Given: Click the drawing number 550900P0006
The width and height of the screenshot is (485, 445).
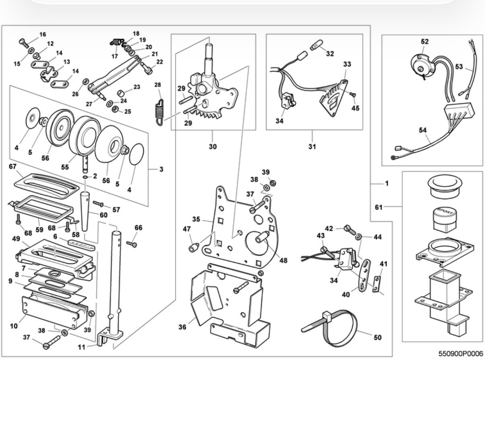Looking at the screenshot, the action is [x=461, y=354].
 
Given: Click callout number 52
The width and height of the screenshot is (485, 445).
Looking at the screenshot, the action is [x=425, y=41].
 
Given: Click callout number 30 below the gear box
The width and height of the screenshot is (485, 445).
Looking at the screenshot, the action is [x=213, y=146].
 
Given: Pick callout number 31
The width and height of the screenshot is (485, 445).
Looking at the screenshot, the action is [x=312, y=146].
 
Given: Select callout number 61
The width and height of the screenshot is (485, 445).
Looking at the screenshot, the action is [x=378, y=207].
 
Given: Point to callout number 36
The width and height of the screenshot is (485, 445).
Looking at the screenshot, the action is [x=182, y=327].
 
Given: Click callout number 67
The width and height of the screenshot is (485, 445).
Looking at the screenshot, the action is [x=12, y=166].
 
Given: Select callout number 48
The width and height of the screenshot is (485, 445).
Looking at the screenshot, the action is [x=284, y=260].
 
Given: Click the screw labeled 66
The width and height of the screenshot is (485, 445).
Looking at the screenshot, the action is [x=132, y=244].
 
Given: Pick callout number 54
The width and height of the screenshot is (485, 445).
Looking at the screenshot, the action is [x=423, y=130].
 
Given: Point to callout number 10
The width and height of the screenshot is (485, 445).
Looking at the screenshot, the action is [x=14, y=326].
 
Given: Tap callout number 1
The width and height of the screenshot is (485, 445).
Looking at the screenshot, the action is [x=387, y=183].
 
